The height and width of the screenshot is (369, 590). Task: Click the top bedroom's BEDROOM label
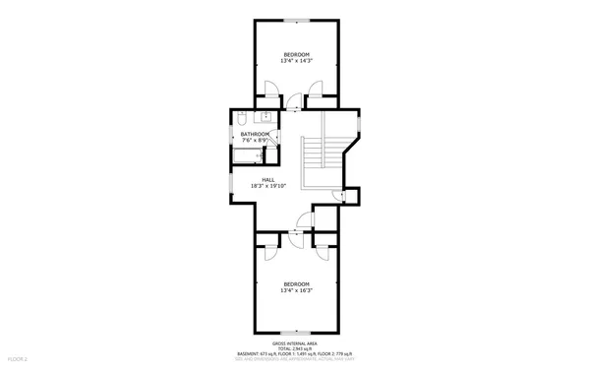pos(296,53)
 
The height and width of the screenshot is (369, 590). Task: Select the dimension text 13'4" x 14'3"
pos(296,61)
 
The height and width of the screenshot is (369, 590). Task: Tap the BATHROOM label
pos(255,133)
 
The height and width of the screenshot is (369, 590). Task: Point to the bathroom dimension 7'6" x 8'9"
pos(255,140)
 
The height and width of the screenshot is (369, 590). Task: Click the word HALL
pos(267,179)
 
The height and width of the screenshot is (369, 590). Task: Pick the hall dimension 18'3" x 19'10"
pos(267,186)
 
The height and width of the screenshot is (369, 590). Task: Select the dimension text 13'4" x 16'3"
pos(296,290)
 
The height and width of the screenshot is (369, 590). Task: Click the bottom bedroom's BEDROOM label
pos(296,283)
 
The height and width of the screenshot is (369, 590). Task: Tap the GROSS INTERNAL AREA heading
pos(295,341)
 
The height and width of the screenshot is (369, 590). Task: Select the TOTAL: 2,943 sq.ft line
pos(295,347)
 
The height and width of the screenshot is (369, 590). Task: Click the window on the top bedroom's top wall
pos(296,19)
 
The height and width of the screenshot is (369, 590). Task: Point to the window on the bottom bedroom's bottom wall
pos(296,332)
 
